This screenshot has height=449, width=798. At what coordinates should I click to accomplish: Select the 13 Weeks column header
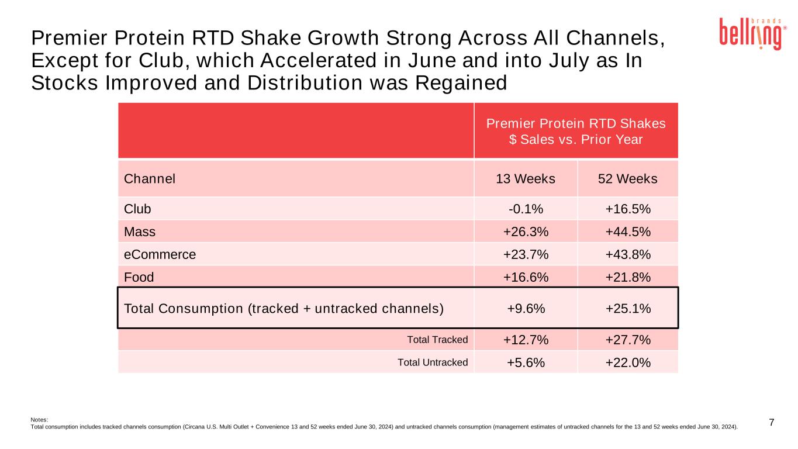tap(526, 179)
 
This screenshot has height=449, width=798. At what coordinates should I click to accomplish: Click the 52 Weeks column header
tap(628, 179)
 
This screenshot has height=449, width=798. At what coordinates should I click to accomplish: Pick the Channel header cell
tap(150, 179)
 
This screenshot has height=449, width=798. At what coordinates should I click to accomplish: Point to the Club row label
tap(137, 209)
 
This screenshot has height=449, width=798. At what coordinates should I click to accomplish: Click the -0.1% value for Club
tap(526, 209)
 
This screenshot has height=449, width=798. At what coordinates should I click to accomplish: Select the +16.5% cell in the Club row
tap(628, 209)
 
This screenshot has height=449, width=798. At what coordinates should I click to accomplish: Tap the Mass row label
tap(140, 232)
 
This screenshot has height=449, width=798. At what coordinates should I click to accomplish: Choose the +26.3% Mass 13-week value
tap(526, 232)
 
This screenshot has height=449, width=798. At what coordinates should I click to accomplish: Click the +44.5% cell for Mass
tap(628, 232)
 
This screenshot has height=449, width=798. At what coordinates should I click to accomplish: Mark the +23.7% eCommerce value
tap(526, 254)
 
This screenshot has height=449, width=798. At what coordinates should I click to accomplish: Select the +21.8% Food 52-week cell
tap(628, 277)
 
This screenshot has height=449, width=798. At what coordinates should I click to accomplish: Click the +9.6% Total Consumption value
tap(526, 308)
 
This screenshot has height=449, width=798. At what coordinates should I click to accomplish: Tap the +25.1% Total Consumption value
tap(628, 308)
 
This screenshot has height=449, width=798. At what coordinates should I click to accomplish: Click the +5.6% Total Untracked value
tap(526, 362)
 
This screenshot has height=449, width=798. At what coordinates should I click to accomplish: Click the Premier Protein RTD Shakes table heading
tap(576, 132)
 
